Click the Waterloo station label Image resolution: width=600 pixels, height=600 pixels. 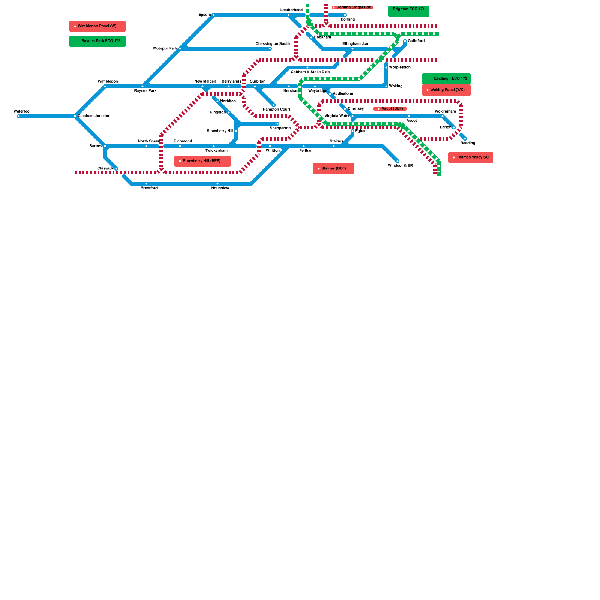coord(21,111)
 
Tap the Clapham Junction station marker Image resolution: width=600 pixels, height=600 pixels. coord(75,116)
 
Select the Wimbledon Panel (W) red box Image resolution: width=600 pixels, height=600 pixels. coord(97,26)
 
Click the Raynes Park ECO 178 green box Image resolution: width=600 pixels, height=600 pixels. coord(97,41)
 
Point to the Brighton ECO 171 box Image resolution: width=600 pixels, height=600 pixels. coord(409,11)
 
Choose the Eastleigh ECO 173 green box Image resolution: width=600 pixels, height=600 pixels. coord(446,79)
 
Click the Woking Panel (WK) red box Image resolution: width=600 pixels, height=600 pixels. coord(446,90)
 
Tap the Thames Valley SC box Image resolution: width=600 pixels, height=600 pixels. coord(471,157)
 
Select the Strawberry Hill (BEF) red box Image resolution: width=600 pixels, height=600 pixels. coord(202,161)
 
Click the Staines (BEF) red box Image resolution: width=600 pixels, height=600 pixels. coord(334,169)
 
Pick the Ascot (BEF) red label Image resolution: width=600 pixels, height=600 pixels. coord(390,109)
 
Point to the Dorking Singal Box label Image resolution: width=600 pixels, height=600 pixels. coord(352,7)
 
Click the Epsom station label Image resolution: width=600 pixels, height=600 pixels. coord(204,15)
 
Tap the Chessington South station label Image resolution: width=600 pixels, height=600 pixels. coord(273,44)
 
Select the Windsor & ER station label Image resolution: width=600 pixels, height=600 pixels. coord(400,166)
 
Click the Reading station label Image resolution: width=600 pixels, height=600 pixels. coord(468,143)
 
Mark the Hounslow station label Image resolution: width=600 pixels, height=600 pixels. coord(220,188)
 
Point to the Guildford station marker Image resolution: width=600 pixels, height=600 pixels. coord(405,41)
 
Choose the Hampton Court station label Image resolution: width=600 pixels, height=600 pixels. coord(276,109)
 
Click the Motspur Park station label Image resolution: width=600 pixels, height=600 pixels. coord(165,49)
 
